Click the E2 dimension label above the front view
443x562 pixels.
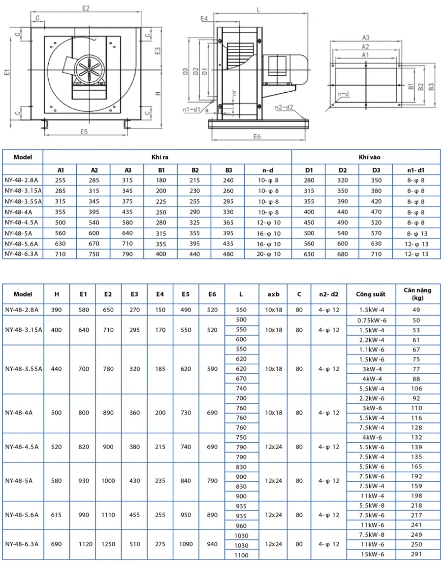coord(86,8)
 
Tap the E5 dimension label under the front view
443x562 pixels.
coord(84,132)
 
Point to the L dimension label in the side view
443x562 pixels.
coord(259,10)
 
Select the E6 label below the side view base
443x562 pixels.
coord(257,136)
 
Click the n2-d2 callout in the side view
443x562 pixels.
coord(284,107)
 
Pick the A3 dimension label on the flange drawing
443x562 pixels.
coord(366,37)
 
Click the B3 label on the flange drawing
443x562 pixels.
coord(431,86)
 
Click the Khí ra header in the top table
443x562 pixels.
coord(159,157)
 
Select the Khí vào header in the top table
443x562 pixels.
coord(370,157)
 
